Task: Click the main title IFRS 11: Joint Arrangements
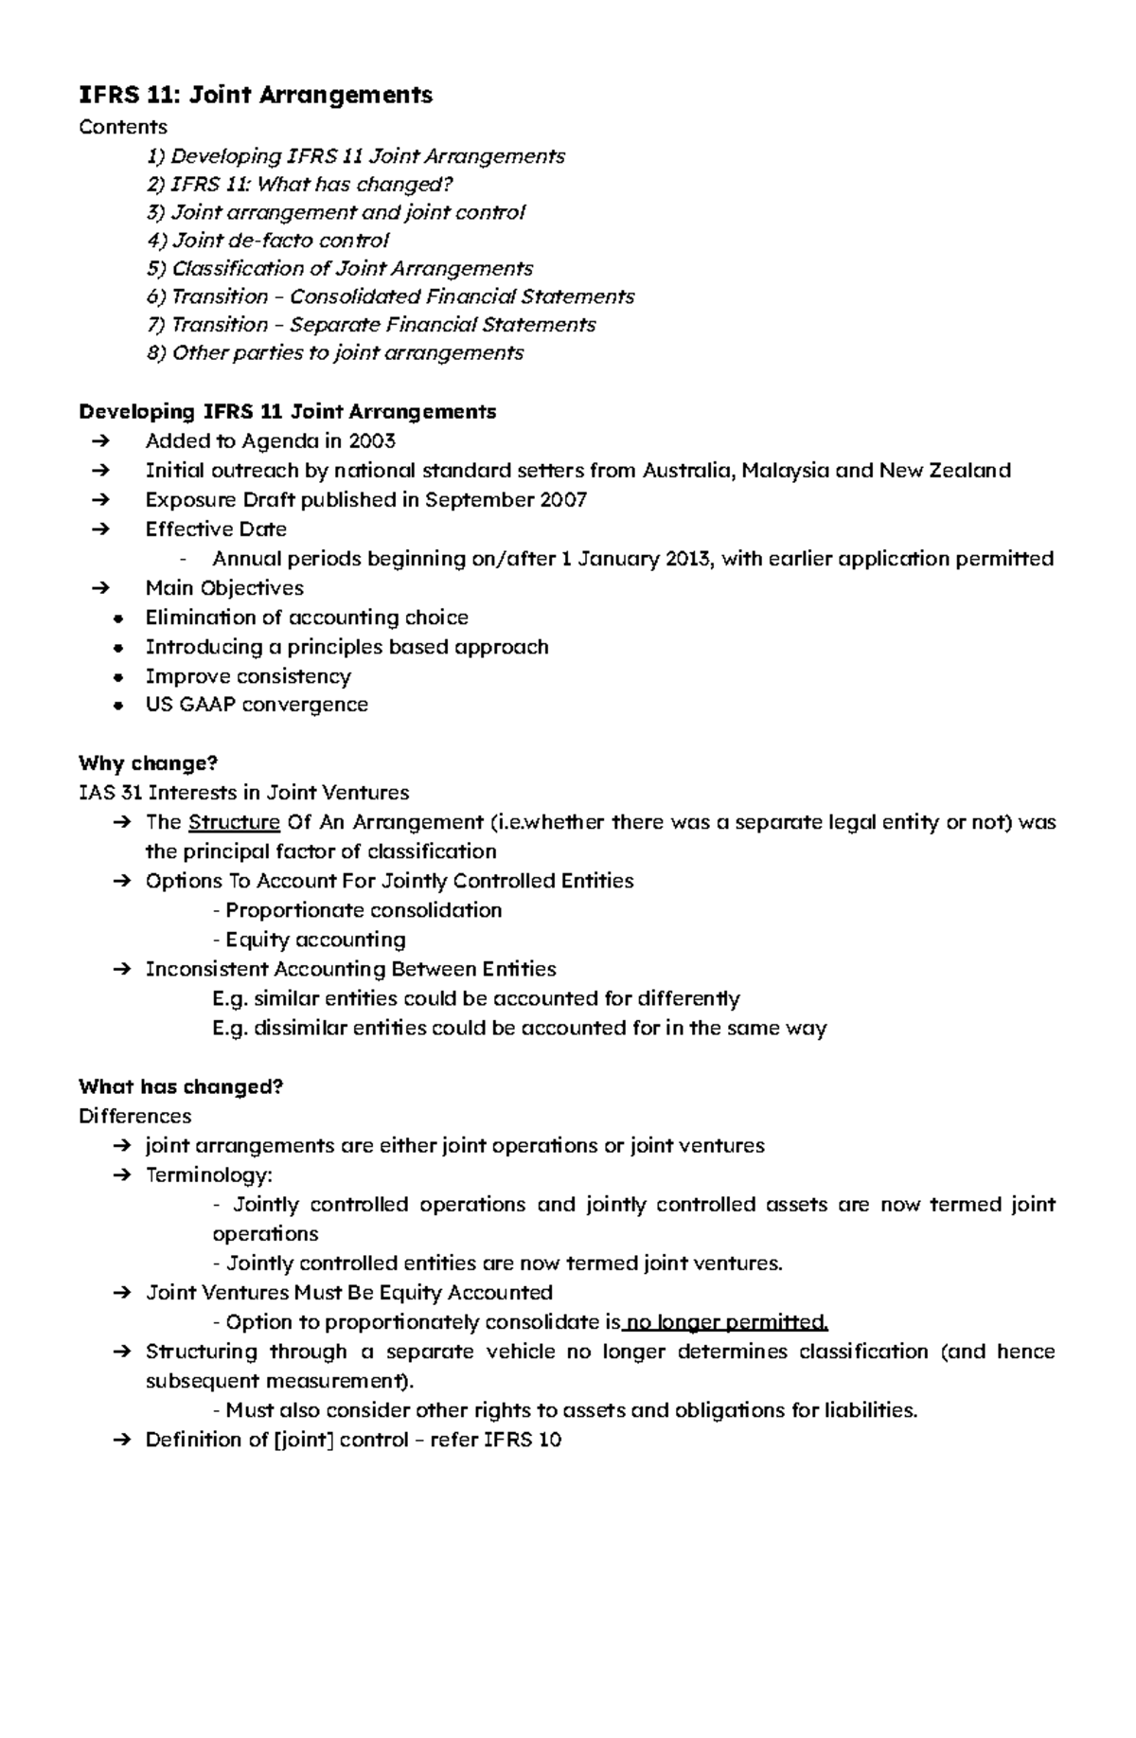tap(256, 95)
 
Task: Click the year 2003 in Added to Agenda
tap(371, 441)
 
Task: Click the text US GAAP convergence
tap(257, 705)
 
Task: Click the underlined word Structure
tap(234, 822)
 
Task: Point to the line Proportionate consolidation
tap(358, 910)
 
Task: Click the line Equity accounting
tap(310, 940)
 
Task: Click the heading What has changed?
tap(181, 1086)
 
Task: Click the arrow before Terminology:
tap(122, 1175)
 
